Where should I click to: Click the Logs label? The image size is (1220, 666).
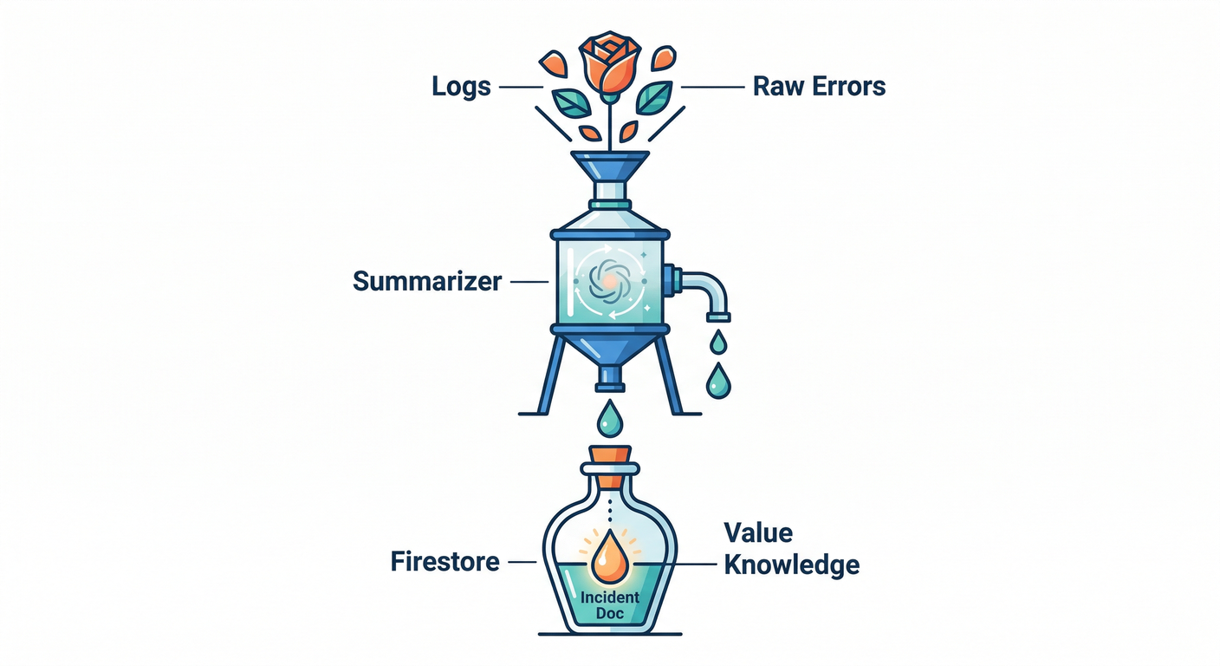[x=462, y=87]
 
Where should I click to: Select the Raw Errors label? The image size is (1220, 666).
[x=819, y=87]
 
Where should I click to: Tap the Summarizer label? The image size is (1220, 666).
[x=427, y=282]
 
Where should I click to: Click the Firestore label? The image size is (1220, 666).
[x=445, y=562]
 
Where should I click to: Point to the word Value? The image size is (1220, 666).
[x=758, y=532]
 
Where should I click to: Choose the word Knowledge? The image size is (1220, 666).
[x=791, y=565]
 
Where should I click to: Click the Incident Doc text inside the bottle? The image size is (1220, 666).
[x=610, y=605]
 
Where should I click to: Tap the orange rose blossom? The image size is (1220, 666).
[x=609, y=63]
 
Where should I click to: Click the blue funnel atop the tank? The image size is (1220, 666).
[x=610, y=166]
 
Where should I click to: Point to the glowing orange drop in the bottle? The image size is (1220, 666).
[x=609, y=558]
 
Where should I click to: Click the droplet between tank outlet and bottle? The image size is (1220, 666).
[x=609, y=419]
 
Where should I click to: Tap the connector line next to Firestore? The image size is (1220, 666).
[x=522, y=562]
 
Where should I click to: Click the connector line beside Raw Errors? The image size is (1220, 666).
[x=712, y=87]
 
